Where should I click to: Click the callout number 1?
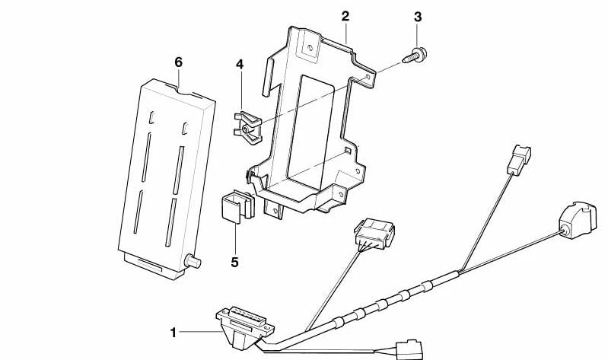(173, 333)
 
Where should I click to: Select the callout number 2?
(345, 16)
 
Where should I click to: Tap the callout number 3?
(417, 16)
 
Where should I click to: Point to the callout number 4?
(239, 65)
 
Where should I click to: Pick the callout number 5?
(234, 263)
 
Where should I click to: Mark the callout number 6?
(179, 62)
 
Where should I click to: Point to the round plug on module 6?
(193, 263)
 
